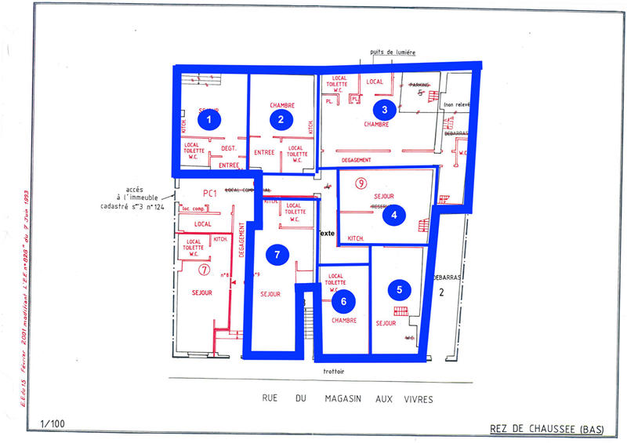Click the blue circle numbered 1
coord(208,120)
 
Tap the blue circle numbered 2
coord(281,119)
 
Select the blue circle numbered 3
coord(382,109)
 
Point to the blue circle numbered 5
coord(400,289)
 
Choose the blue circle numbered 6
coord(339,299)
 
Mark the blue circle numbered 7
coord(276,253)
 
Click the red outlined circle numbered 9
coord(361,183)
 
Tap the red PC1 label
coord(209,193)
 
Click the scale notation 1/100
coord(52,424)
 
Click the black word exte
coord(327,233)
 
